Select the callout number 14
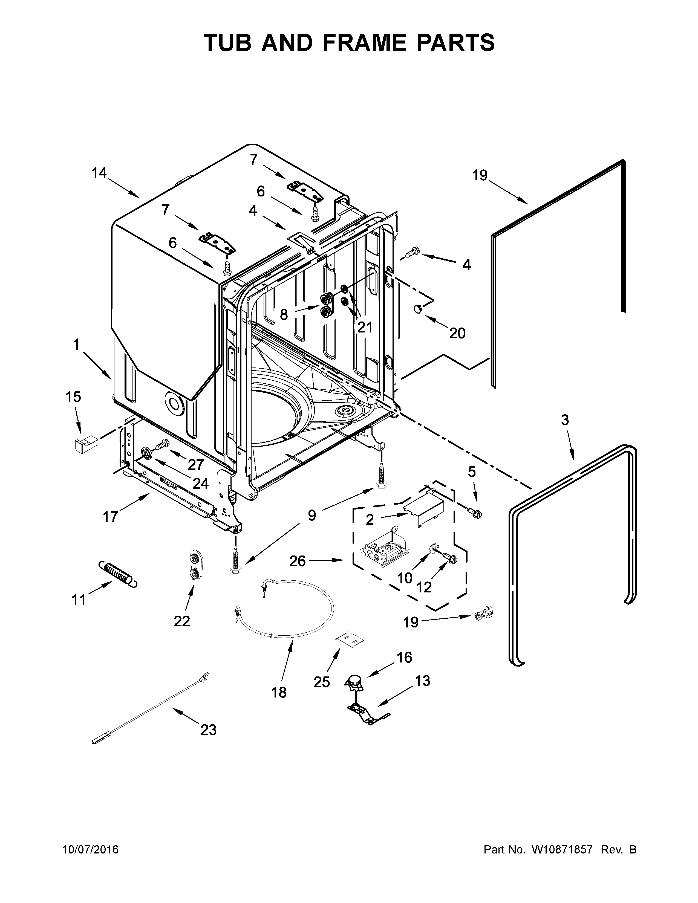click(x=99, y=173)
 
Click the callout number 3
click(x=565, y=420)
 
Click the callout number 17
click(x=110, y=516)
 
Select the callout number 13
click(x=423, y=681)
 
